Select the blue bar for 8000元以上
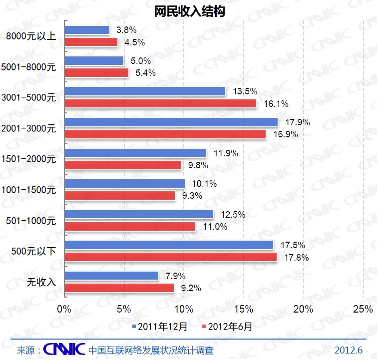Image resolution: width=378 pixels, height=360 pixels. [87, 30]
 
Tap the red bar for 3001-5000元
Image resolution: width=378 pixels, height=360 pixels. [160, 103]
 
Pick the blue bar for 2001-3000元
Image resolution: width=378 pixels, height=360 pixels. [171, 122]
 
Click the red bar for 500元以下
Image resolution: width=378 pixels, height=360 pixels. [171, 257]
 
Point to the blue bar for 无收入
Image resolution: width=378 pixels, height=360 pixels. [112, 276]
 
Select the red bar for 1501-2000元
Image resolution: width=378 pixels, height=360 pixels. [123, 165]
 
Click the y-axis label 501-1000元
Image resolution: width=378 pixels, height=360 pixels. [31, 220]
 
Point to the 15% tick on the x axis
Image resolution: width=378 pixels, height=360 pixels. [244, 309]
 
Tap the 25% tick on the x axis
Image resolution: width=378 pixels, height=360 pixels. [363, 309]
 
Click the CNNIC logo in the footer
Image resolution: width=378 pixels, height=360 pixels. [63, 349]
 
